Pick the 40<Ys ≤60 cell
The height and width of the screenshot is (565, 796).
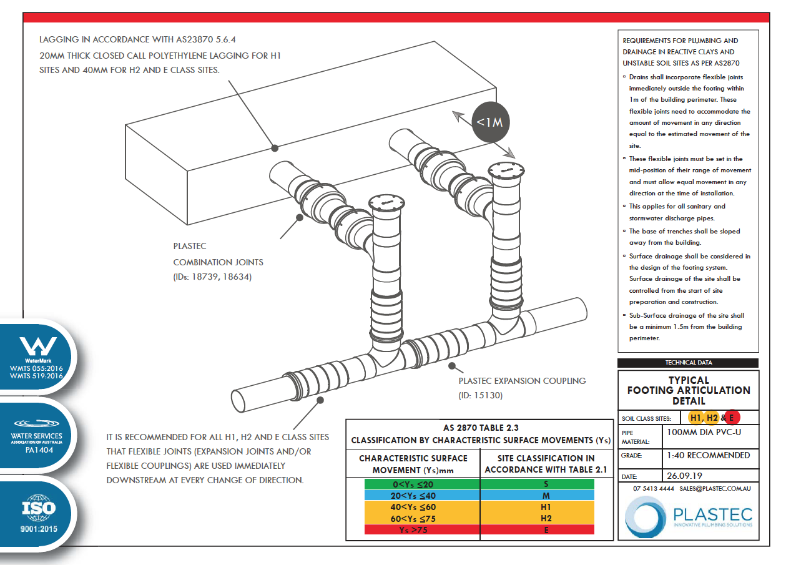413,507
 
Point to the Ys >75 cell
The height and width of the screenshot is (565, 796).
413,529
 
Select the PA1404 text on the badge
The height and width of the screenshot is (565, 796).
37,449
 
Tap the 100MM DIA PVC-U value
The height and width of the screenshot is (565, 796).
705,431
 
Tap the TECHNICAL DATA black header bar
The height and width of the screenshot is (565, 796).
688,363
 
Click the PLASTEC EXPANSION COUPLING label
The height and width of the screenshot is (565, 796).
522,380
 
